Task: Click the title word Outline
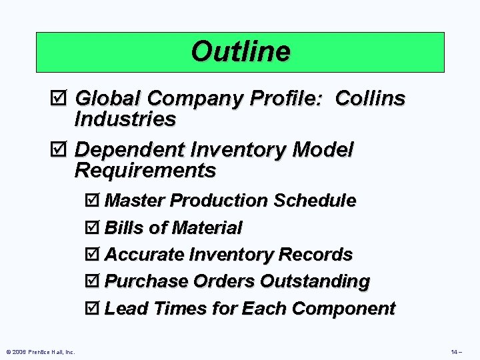240,51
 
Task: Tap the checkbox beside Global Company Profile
61,99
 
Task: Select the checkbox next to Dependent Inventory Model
61,150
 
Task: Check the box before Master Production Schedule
93,201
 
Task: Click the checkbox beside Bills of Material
93,228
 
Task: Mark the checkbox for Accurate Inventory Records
93,255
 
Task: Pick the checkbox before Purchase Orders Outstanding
93,281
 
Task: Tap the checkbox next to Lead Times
93,309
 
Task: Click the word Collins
370,99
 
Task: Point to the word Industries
125,119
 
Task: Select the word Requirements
145,171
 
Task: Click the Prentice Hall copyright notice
40,351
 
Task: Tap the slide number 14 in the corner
456,351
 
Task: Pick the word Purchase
146,281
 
